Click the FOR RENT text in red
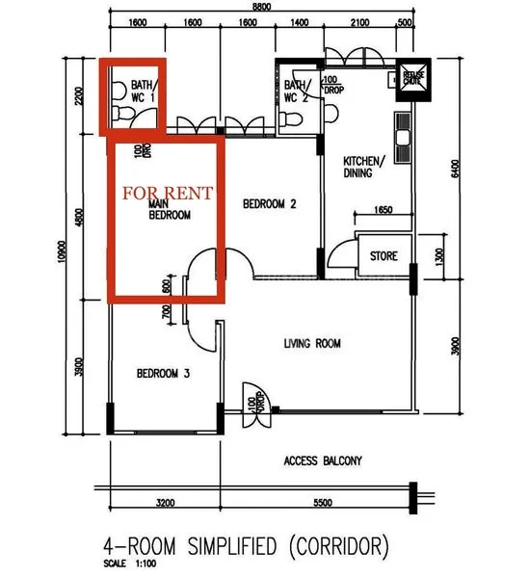coord(168,194)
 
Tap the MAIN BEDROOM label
coord(169,211)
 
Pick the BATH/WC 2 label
coord(296,91)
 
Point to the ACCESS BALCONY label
coord(324,460)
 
